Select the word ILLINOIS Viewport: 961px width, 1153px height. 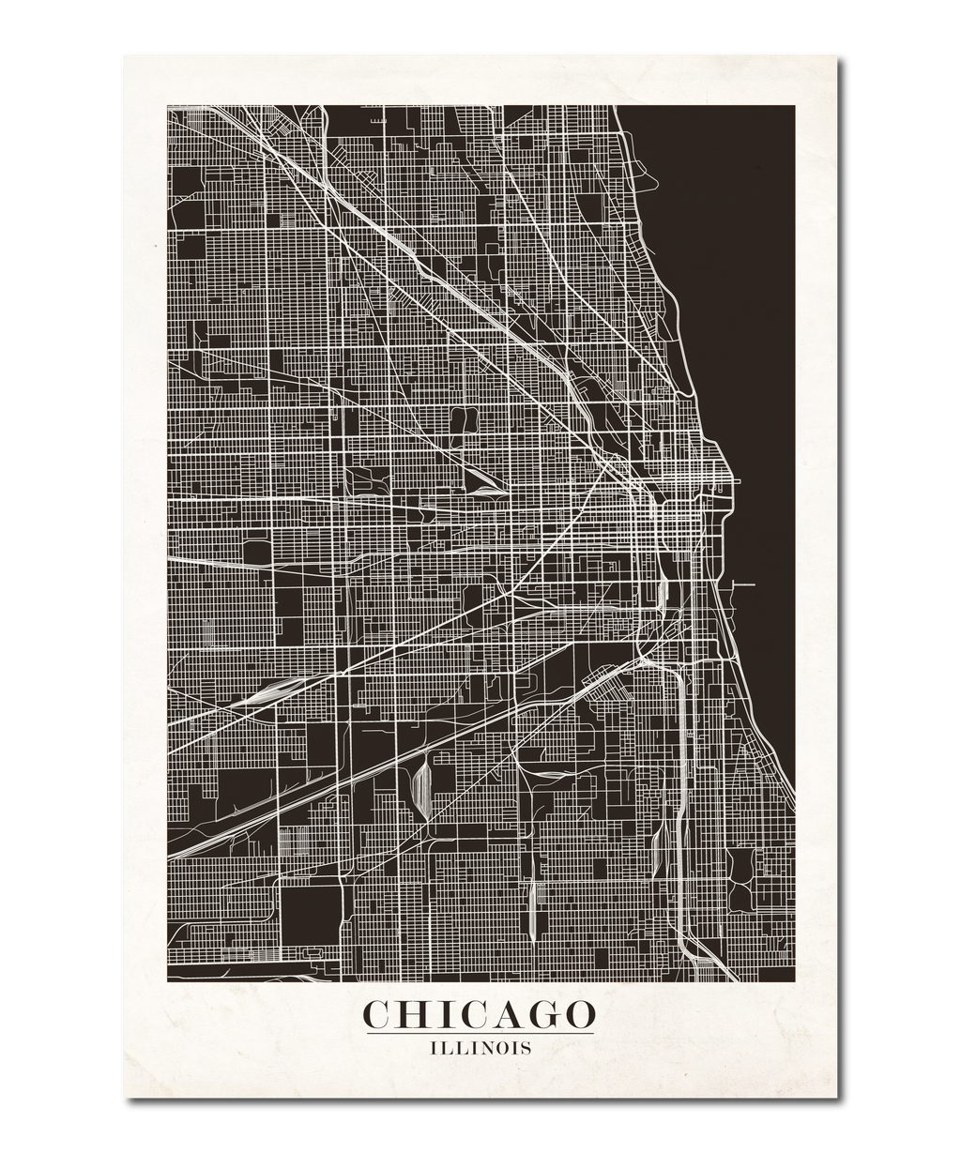point(480,1047)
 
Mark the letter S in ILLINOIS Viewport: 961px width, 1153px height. point(526,1047)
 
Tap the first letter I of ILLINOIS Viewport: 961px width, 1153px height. point(433,1047)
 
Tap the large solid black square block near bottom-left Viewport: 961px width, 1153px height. point(308,909)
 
